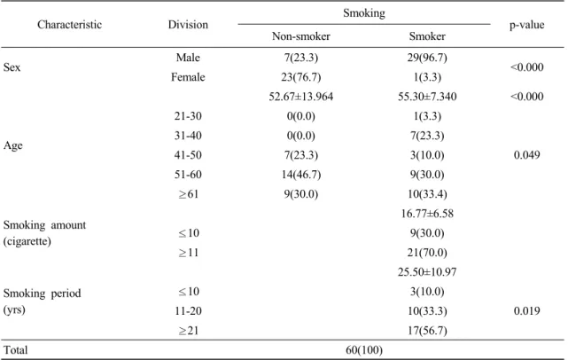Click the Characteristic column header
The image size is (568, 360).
pyautogui.click(x=69, y=25)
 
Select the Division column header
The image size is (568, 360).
pyautogui.click(x=188, y=25)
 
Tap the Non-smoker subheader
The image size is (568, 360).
pyautogui.click(x=301, y=36)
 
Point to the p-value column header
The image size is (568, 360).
pyautogui.click(x=526, y=25)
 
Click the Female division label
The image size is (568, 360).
pyautogui.click(x=188, y=77)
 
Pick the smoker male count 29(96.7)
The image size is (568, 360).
pyautogui.click(x=427, y=58)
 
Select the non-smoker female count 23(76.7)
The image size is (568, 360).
pyautogui.click(x=301, y=77)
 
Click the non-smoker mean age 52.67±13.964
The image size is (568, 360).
pyautogui.click(x=301, y=97)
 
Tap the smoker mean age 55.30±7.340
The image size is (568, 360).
pyautogui.click(x=427, y=97)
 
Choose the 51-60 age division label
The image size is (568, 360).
pyautogui.click(x=188, y=175)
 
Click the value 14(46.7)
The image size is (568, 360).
pyautogui.click(x=301, y=175)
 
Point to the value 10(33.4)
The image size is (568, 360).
pyautogui.click(x=427, y=194)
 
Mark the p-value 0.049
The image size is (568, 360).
pyautogui.click(x=526, y=155)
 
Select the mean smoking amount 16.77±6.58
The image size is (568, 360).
pyautogui.click(x=427, y=214)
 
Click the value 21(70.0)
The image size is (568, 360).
pyautogui.click(x=427, y=253)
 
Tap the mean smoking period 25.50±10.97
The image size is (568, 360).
pyautogui.click(x=427, y=272)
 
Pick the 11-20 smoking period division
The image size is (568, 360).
pyautogui.click(x=188, y=311)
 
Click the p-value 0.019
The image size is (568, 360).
pyautogui.click(x=526, y=311)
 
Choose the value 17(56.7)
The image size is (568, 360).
pyautogui.click(x=427, y=331)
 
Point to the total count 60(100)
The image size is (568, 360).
pyautogui.click(x=364, y=350)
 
